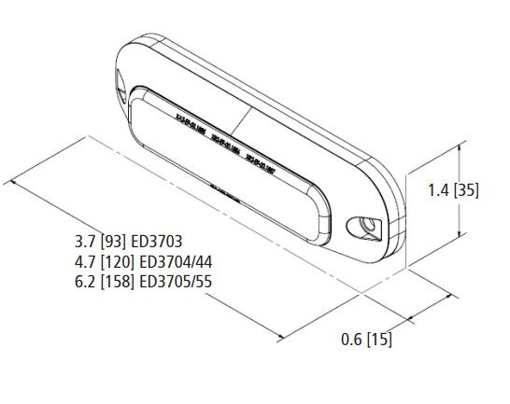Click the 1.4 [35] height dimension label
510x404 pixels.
[453, 190]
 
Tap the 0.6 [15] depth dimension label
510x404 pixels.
[366, 340]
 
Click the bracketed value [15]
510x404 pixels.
[378, 340]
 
